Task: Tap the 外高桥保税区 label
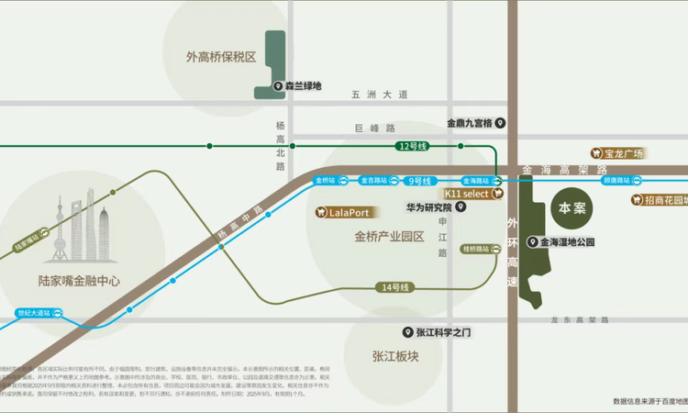pos(221,57)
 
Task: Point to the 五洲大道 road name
pos(378,95)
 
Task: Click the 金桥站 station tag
pos(327,181)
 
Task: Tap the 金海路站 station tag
pos(479,181)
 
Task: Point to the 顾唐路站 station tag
pos(621,181)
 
